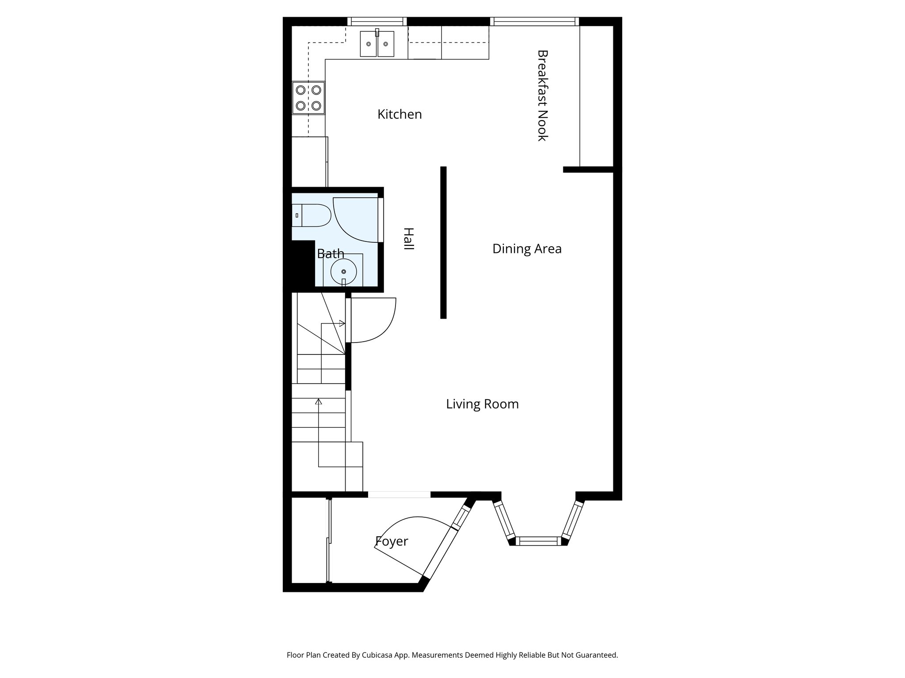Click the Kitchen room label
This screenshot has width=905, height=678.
click(x=399, y=114)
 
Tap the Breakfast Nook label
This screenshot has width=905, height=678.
click(x=542, y=95)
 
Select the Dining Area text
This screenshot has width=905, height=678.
click(x=527, y=249)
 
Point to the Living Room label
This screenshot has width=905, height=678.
click(x=482, y=404)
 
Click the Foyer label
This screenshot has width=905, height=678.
click(x=392, y=542)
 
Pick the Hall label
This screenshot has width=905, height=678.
click(x=408, y=239)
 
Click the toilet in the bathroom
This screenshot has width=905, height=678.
click(x=311, y=215)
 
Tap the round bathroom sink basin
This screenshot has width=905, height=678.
click(x=343, y=271)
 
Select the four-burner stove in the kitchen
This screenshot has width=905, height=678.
click(x=308, y=98)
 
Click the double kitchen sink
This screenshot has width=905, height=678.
click(x=377, y=44)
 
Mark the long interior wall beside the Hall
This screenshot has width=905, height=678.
click(x=443, y=242)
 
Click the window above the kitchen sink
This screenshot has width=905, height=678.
click(x=376, y=21)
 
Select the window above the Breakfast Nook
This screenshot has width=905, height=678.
click(x=534, y=21)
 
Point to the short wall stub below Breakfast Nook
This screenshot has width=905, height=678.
click(x=588, y=169)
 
